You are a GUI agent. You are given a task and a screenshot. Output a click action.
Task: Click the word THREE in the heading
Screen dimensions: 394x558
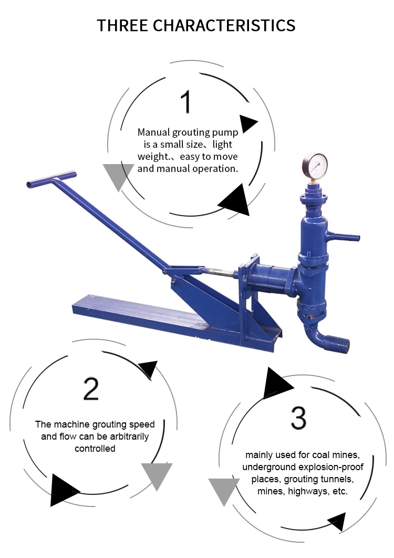pos(122,26)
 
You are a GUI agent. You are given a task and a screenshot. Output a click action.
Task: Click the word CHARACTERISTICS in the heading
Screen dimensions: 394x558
pos(224,26)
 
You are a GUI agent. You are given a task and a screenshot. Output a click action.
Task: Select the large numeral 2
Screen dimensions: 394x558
pos(91,389)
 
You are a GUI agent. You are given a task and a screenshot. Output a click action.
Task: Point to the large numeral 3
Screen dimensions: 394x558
pos(298,417)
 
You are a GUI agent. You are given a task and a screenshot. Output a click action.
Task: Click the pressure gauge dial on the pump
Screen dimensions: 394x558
pos(314,165)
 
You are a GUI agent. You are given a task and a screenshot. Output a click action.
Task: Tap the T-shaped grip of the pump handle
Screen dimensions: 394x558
pos(51,179)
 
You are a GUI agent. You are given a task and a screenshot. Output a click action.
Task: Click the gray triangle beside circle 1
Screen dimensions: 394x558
pos(118,175)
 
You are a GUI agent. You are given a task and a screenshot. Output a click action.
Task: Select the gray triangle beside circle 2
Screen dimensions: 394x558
pos(157,475)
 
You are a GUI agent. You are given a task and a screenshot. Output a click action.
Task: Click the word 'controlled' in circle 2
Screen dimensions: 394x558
pos(95,449)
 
